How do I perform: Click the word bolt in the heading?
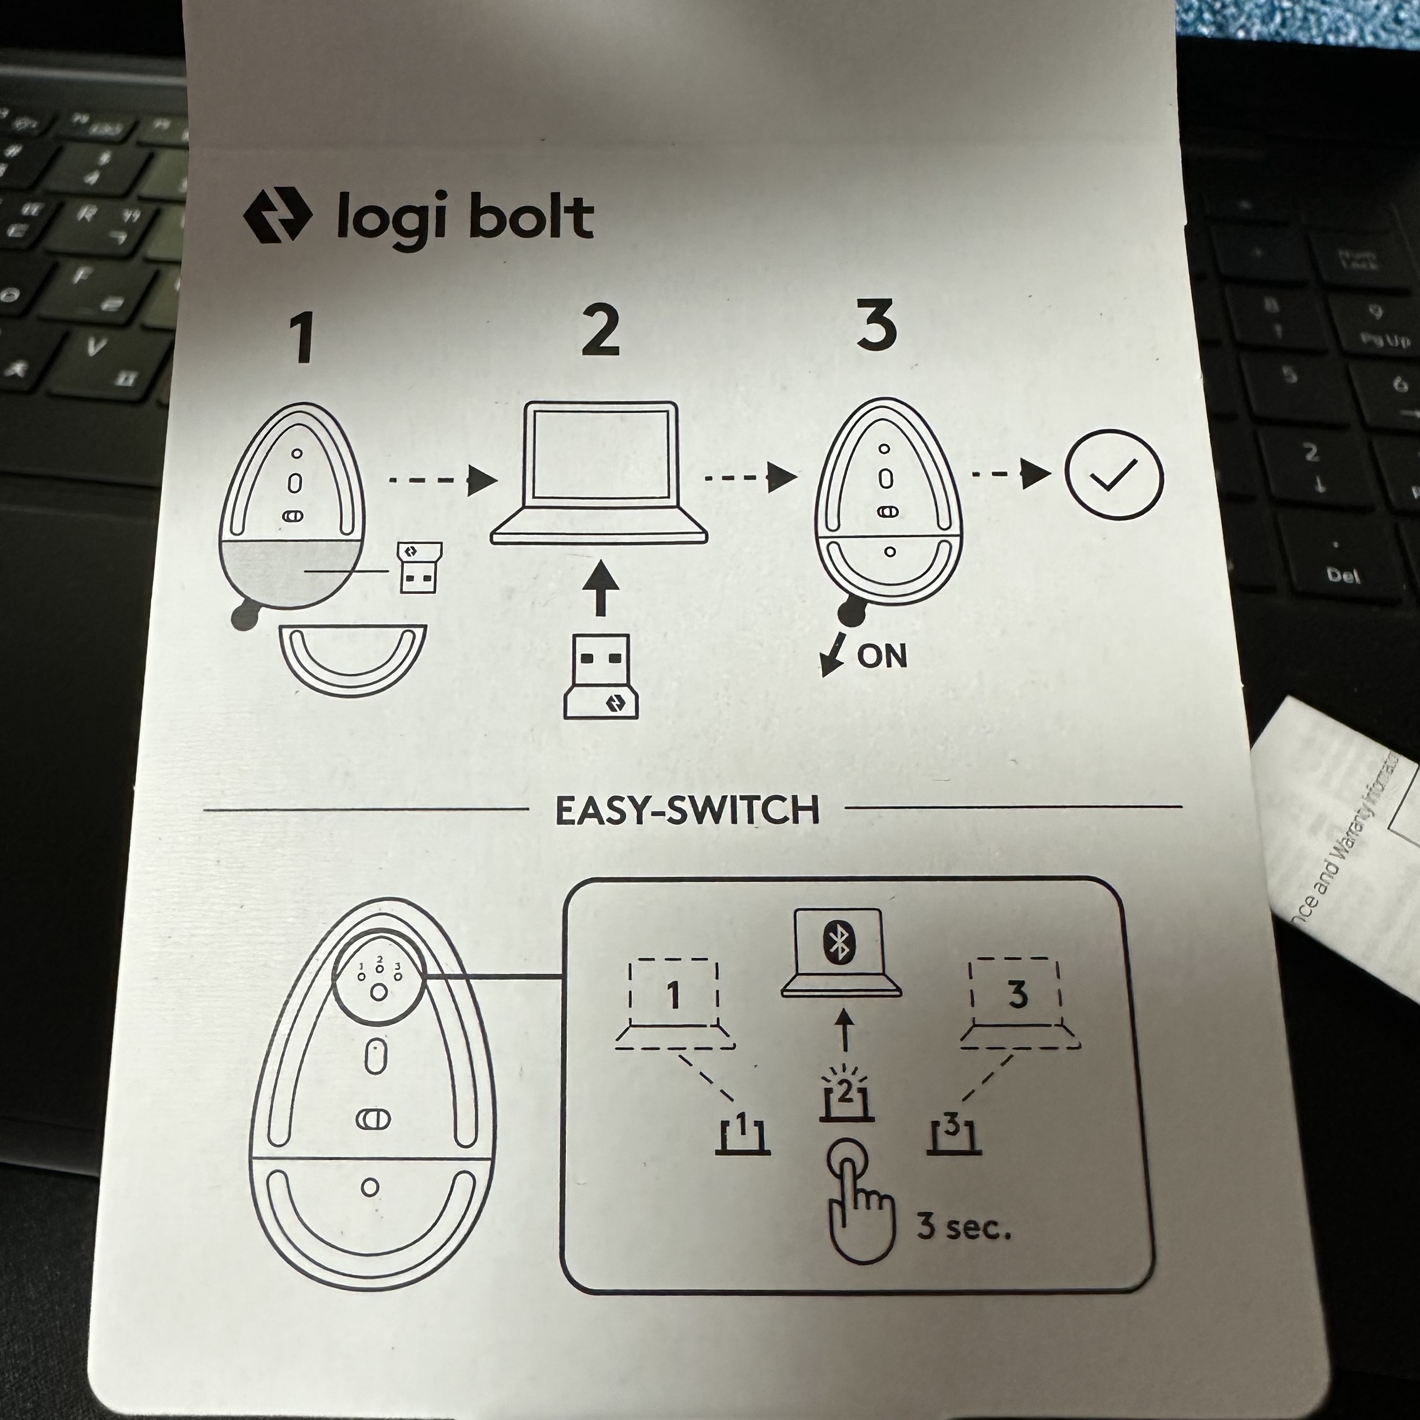click(530, 217)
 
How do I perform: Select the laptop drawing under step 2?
click(599, 474)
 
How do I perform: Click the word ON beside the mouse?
click(882, 655)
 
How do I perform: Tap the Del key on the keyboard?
click(1343, 576)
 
